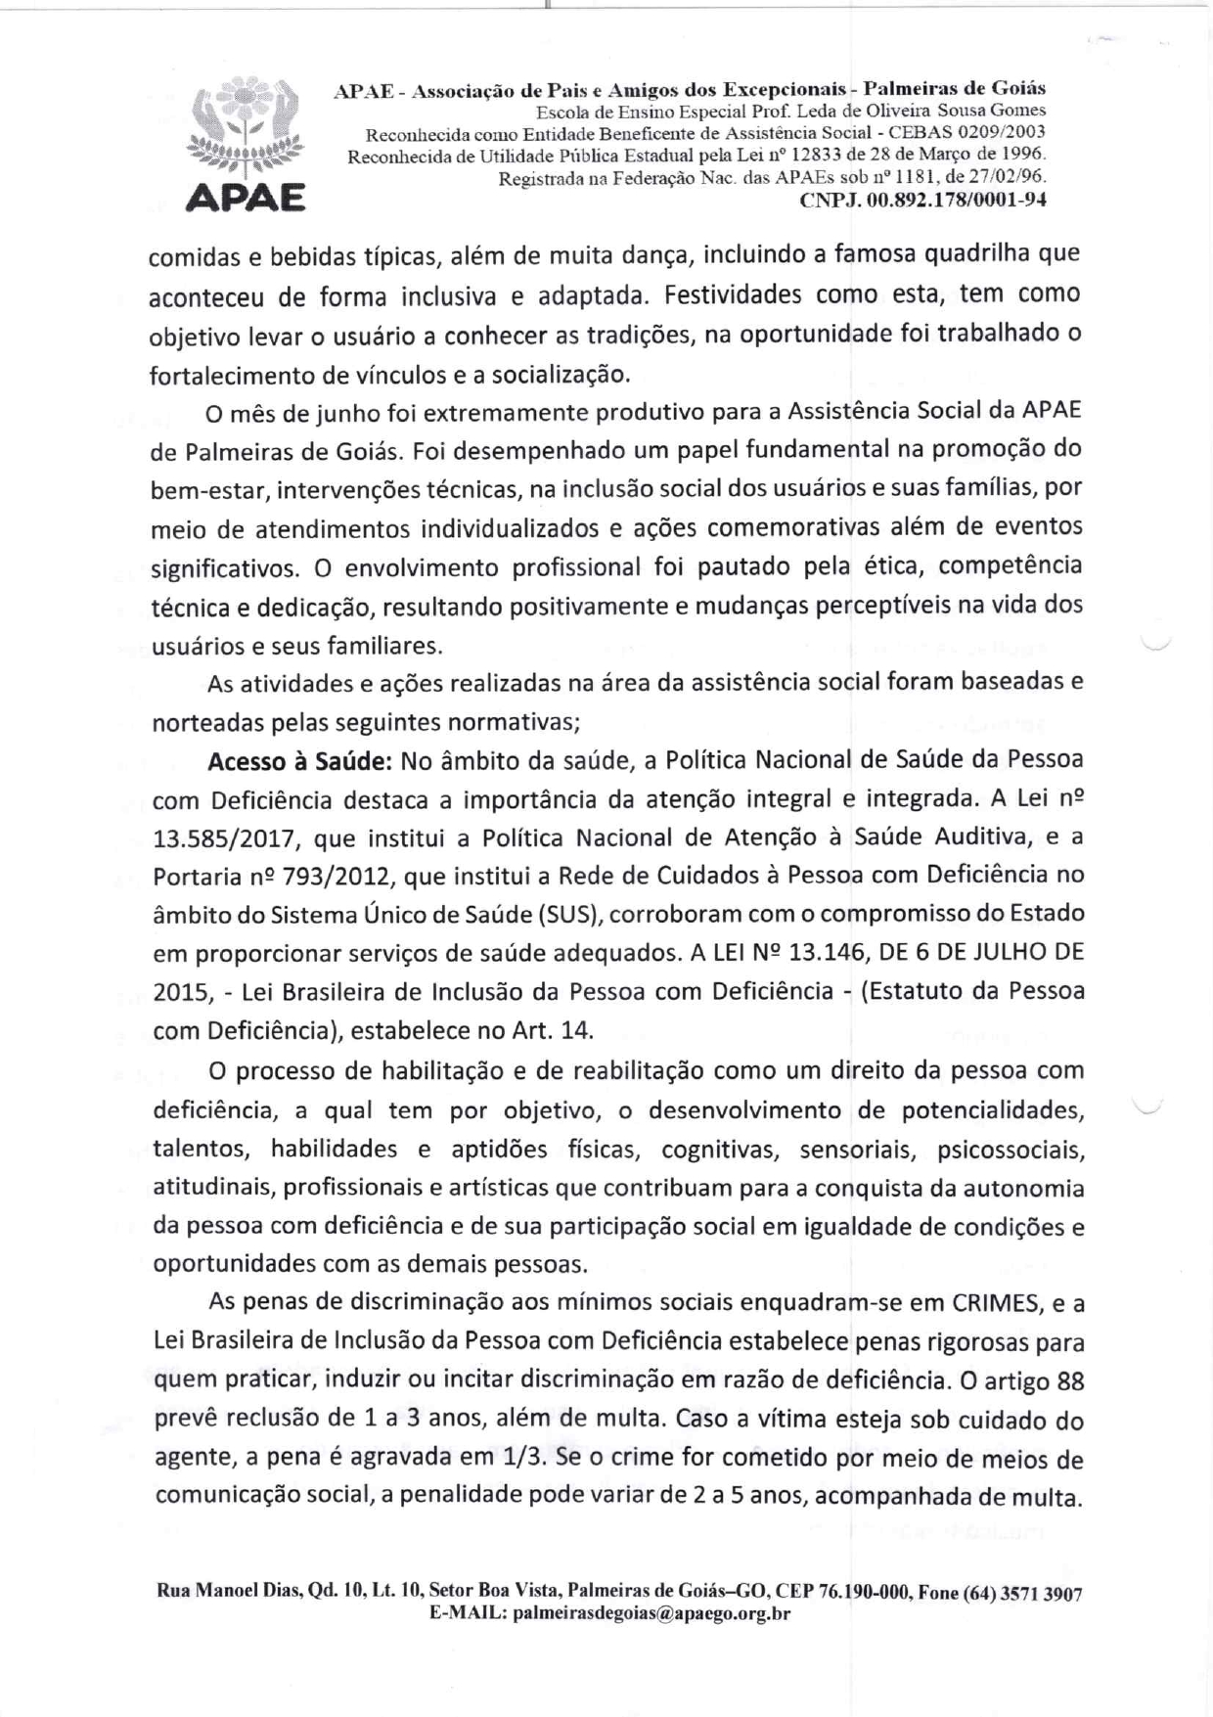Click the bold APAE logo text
245,198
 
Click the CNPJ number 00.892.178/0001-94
959,201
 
